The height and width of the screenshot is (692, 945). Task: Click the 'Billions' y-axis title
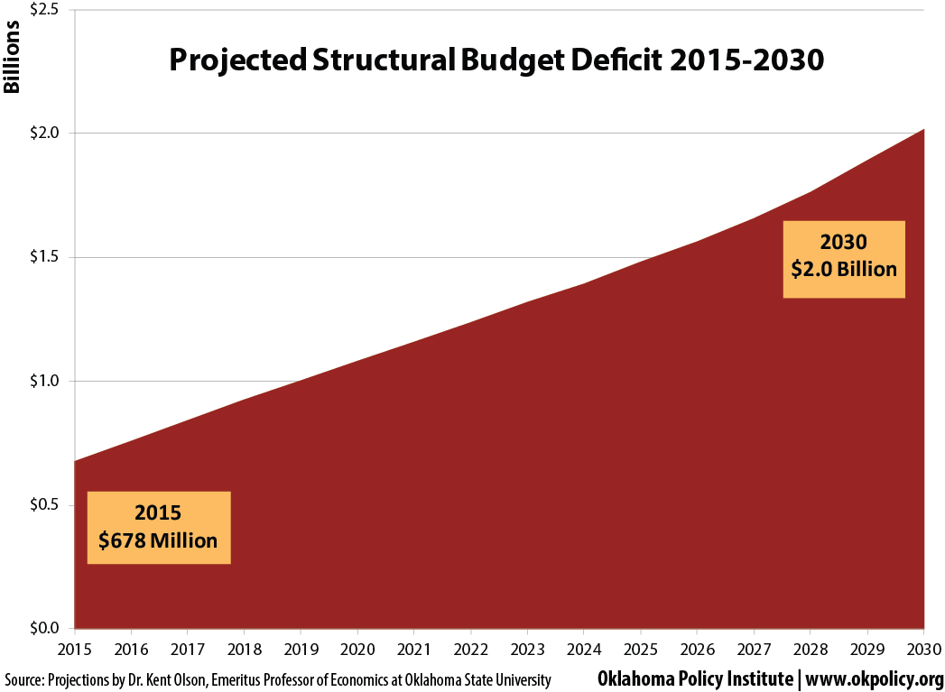click(12, 62)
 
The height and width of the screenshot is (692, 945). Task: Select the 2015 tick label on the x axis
click(75, 649)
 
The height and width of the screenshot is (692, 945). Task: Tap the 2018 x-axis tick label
click(245, 649)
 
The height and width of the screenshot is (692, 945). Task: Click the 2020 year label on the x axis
click(357, 649)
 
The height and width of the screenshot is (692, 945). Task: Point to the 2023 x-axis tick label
click(527, 649)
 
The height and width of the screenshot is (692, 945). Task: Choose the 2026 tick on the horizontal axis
click(697, 649)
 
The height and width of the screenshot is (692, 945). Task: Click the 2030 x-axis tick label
click(922, 649)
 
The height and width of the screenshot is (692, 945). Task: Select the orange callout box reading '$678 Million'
click(159, 528)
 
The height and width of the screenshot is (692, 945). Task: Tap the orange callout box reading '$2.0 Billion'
click(843, 259)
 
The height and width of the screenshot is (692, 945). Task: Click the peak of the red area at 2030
click(922, 131)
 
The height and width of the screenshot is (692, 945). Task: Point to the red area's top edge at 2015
click(76, 462)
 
